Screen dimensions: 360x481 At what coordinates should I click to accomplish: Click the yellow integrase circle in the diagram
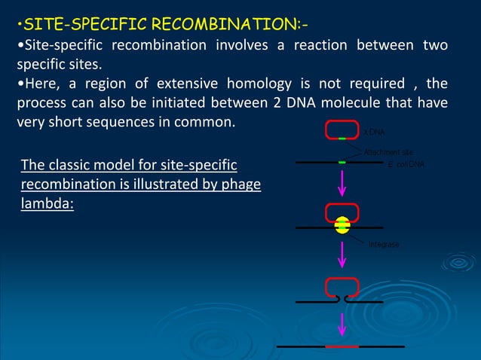tap(342, 225)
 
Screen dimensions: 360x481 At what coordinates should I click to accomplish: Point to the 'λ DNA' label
tap(374, 132)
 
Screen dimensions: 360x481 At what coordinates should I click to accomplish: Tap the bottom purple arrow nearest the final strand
tap(342, 324)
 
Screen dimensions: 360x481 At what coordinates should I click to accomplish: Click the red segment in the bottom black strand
tap(342, 346)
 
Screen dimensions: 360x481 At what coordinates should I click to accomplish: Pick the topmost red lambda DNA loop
tap(342, 130)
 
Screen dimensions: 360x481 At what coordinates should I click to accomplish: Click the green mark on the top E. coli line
tap(342, 162)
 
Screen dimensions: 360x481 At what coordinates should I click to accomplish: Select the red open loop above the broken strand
tap(342, 287)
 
